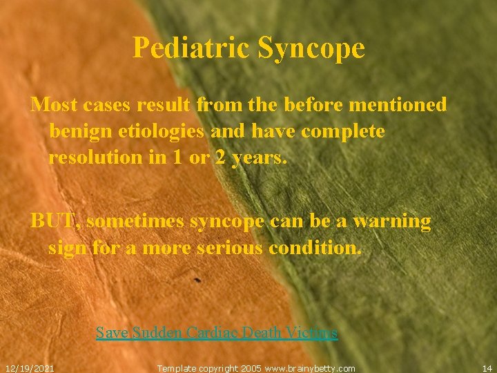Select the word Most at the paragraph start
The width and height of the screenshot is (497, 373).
point(55,105)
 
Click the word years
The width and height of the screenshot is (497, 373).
point(259,157)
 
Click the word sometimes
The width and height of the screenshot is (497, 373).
point(135,222)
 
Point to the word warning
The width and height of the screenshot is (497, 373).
point(392,222)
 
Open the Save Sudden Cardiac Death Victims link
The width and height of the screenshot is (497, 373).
point(217,333)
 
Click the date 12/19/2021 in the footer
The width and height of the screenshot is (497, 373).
point(30,368)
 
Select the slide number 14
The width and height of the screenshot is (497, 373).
point(487,368)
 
